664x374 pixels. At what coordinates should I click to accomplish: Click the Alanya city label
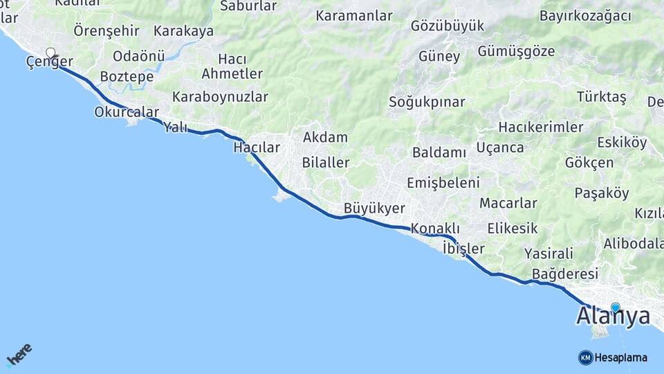(613, 317)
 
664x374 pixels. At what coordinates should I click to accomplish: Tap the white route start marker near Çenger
(50, 53)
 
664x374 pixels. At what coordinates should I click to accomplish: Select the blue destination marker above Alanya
(615, 307)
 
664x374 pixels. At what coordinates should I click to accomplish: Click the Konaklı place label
(435, 228)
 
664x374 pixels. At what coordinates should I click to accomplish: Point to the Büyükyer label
(374, 208)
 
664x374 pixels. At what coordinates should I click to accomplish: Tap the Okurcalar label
(127, 112)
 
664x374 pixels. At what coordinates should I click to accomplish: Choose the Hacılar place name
(257, 148)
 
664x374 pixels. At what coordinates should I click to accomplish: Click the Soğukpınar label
(427, 102)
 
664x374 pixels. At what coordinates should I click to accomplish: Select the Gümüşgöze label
(516, 51)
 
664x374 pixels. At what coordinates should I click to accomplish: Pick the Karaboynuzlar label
(220, 96)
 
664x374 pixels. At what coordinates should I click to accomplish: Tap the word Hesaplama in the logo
(621, 357)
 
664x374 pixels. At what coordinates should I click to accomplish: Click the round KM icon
(585, 357)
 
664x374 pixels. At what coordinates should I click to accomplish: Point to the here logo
(19, 354)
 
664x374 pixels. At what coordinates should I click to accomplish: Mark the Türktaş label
(601, 97)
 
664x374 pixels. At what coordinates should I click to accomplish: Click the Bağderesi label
(565, 274)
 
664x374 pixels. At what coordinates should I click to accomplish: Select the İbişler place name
(463, 248)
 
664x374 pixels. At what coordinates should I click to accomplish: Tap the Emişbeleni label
(443, 183)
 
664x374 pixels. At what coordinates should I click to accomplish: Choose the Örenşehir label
(107, 30)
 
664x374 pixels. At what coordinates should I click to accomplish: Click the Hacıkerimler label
(541, 127)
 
